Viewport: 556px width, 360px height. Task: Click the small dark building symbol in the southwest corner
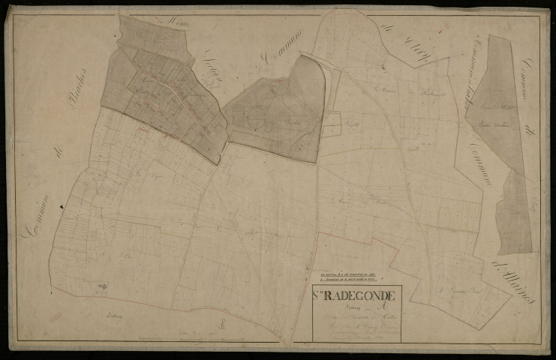(102, 286)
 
